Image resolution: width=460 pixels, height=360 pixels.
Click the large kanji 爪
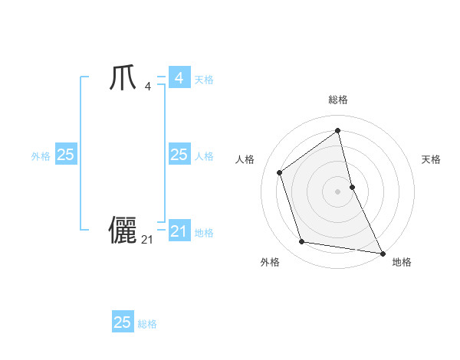[x=123, y=78]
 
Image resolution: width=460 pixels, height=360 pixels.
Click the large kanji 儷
[x=123, y=231]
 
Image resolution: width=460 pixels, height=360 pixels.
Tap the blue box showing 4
[x=179, y=78]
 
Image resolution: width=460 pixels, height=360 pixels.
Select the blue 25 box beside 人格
[x=179, y=155]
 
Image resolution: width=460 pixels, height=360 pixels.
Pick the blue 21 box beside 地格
[x=179, y=231]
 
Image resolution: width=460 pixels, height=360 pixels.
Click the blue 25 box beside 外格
[x=65, y=155]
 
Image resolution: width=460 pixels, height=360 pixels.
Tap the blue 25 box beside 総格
[x=123, y=322]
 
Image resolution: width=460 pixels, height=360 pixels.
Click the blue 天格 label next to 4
[x=204, y=80]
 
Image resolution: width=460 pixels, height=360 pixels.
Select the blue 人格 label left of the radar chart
[x=204, y=156]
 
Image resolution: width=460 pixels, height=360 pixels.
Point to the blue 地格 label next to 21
[x=204, y=233]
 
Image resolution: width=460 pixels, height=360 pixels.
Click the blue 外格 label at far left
[x=41, y=156]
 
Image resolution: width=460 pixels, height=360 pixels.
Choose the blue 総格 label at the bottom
[x=147, y=324]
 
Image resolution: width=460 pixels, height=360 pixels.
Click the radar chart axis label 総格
[x=338, y=100]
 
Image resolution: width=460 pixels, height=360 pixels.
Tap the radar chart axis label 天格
[x=432, y=159]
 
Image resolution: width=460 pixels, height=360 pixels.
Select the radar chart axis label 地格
[x=402, y=263]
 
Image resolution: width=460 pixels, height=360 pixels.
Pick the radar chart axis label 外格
[x=270, y=263]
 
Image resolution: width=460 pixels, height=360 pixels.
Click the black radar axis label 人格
[x=245, y=159]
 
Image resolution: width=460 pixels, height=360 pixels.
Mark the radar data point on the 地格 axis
[x=382, y=252]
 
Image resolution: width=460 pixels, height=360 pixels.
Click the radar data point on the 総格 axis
[x=338, y=131]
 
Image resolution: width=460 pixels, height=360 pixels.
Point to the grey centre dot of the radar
[x=338, y=191]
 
